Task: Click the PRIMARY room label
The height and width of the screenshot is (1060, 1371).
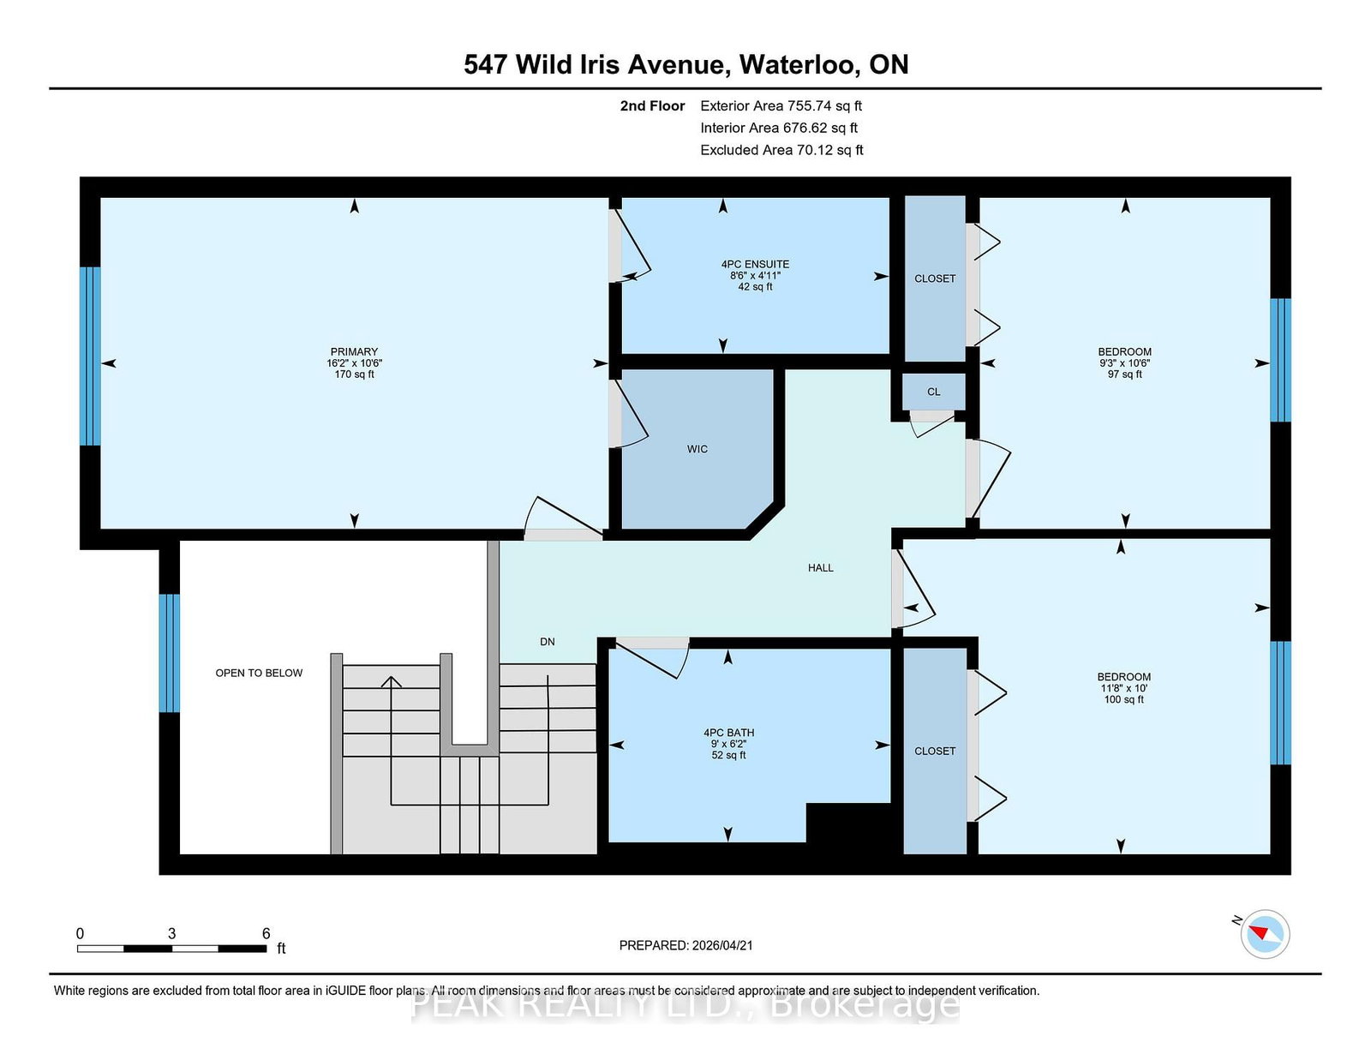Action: pyautogui.click(x=354, y=351)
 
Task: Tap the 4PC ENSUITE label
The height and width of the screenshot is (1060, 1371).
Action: pyautogui.click(x=755, y=264)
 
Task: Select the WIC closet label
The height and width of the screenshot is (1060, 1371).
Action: pyautogui.click(x=697, y=449)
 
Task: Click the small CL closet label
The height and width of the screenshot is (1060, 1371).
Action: pyautogui.click(x=933, y=392)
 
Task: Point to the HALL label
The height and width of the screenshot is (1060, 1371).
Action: pyautogui.click(x=820, y=567)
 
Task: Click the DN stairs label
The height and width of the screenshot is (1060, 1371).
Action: pyautogui.click(x=547, y=642)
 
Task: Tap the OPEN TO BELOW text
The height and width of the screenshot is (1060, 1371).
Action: pyautogui.click(x=259, y=673)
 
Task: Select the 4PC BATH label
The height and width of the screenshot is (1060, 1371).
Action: pyautogui.click(x=728, y=733)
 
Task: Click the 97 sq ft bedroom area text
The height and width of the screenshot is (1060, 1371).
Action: pyautogui.click(x=1124, y=374)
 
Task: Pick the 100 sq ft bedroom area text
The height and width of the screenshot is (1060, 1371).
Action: pyautogui.click(x=1123, y=699)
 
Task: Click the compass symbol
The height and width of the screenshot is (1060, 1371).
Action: pyautogui.click(x=1265, y=934)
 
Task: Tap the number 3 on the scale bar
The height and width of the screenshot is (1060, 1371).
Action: pyautogui.click(x=171, y=933)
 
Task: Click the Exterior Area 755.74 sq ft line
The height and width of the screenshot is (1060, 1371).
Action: pyautogui.click(x=781, y=106)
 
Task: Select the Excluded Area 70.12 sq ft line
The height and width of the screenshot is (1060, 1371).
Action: pyautogui.click(x=781, y=150)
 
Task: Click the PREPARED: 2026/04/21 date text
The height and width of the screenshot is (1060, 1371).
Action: pyautogui.click(x=685, y=945)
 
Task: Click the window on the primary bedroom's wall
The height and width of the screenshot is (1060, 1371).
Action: pyautogui.click(x=90, y=356)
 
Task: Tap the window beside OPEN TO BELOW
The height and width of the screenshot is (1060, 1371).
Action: pyautogui.click(x=169, y=653)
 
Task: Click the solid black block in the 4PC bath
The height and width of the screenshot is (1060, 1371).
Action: pyautogui.click(x=848, y=824)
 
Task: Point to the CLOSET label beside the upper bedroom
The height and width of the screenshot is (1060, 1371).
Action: pyautogui.click(x=934, y=278)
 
